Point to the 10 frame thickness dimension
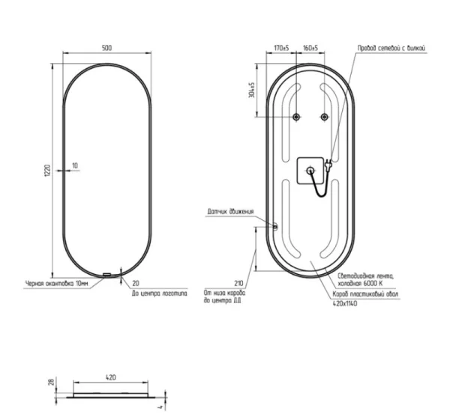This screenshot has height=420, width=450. click(x=75, y=165)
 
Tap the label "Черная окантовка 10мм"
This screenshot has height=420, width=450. click(x=56, y=284)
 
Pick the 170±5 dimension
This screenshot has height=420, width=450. click(x=282, y=47)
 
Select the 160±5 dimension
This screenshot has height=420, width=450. click(x=310, y=47)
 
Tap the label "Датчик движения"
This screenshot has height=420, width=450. click(x=230, y=213)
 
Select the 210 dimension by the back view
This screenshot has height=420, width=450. click(x=240, y=283)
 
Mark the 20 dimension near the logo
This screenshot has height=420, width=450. click(x=135, y=284)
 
